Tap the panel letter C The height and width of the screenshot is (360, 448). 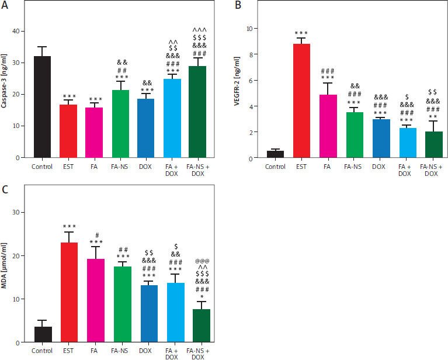click(5, 190)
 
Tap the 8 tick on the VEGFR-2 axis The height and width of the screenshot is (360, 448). click(251, 54)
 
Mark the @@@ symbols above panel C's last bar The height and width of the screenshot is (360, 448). click(201, 261)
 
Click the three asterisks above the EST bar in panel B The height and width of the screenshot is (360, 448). click(302, 33)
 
